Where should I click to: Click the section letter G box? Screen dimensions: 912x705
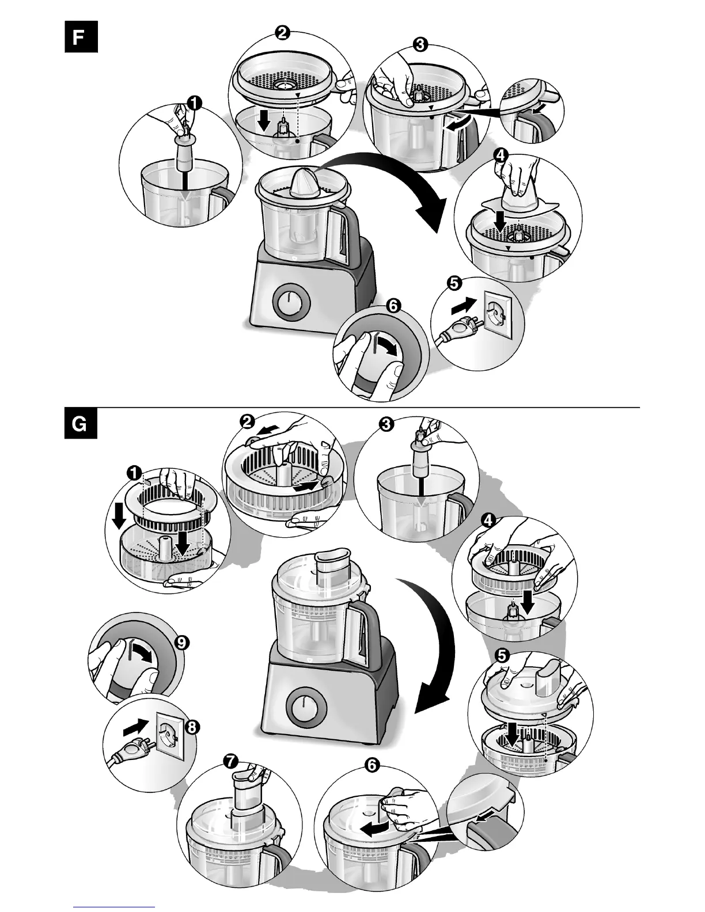(x=81, y=424)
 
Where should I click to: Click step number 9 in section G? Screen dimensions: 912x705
(x=181, y=643)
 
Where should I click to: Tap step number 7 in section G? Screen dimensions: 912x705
(x=230, y=761)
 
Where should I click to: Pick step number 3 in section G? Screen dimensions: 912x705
(x=385, y=424)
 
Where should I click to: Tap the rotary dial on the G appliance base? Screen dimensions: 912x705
(x=304, y=705)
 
